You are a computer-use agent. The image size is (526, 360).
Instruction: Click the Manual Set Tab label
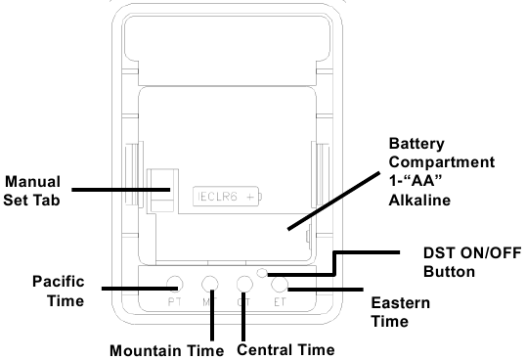(x=33, y=191)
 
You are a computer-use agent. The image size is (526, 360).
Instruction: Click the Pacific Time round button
(x=174, y=284)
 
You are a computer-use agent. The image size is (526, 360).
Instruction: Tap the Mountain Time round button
(x=210, y=284)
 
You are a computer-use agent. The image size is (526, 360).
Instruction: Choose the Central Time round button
(x=245, y=284)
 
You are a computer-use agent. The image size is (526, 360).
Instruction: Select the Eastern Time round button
(x=280, y=285)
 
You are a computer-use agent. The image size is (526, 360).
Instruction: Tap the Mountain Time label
(x=167, y=349)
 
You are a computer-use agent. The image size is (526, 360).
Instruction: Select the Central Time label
(x=286, y=349)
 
